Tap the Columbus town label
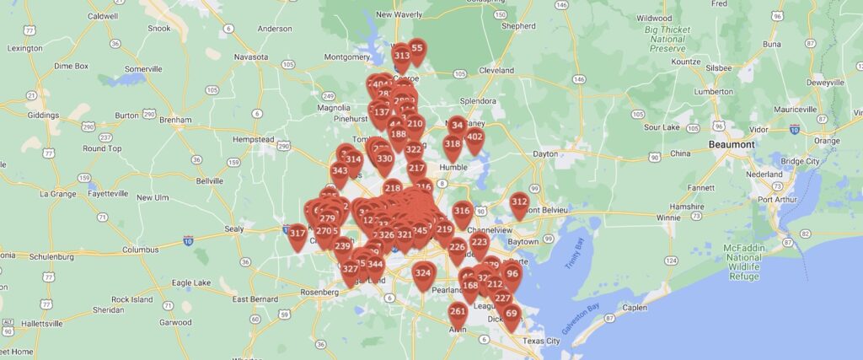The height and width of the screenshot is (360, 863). (x=140, y=250)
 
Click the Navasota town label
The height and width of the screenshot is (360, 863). (x=251, y=56)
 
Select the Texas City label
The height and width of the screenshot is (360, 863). (x=540, y=341)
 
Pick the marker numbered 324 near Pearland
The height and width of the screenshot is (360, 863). (x=423, y=274)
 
